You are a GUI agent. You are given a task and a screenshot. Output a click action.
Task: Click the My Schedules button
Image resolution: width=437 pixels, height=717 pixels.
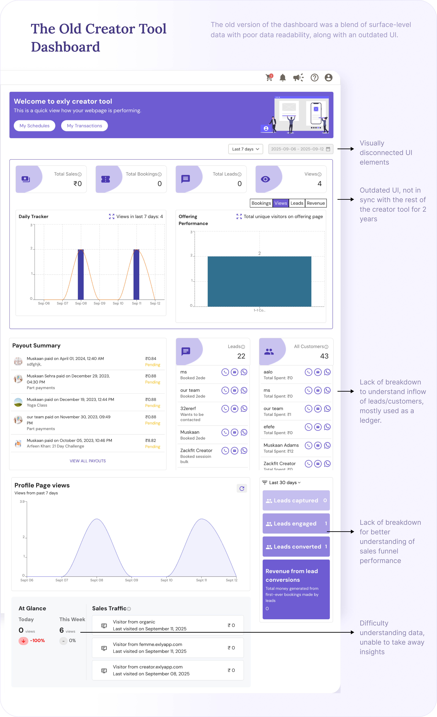click(34, 126)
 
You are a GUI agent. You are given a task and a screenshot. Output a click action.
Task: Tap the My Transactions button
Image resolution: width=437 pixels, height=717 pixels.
click(84, 126)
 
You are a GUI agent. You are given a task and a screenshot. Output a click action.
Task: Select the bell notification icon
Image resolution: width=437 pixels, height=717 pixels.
click(283, 78)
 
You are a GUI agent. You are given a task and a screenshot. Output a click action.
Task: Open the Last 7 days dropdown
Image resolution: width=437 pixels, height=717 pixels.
click(245, 149)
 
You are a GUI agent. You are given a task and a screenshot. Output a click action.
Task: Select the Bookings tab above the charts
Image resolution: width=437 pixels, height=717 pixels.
click(261, 203)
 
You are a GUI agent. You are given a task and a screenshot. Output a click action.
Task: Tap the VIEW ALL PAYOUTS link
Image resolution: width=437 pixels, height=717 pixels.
click(88, 461)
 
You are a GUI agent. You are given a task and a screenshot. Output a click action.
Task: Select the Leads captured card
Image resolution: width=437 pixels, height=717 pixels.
click(296, 501)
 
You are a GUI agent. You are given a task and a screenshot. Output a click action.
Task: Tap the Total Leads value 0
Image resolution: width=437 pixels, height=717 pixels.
click(239, 184)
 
